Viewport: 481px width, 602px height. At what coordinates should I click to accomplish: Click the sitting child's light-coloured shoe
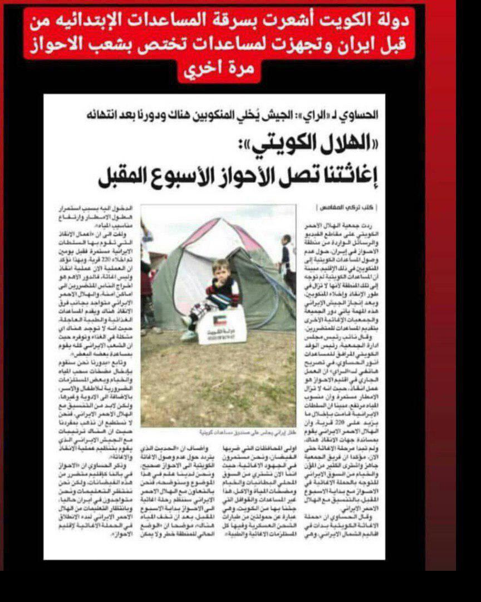(188, 336)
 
